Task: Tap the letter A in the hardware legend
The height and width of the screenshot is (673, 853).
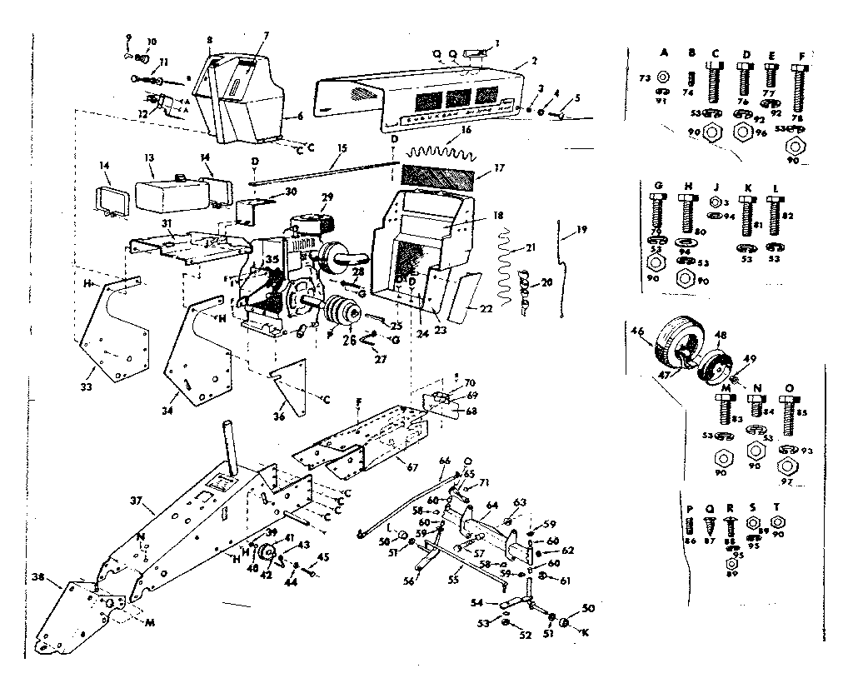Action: [664, 52]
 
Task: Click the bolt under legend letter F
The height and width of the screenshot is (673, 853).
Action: [801, 87]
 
